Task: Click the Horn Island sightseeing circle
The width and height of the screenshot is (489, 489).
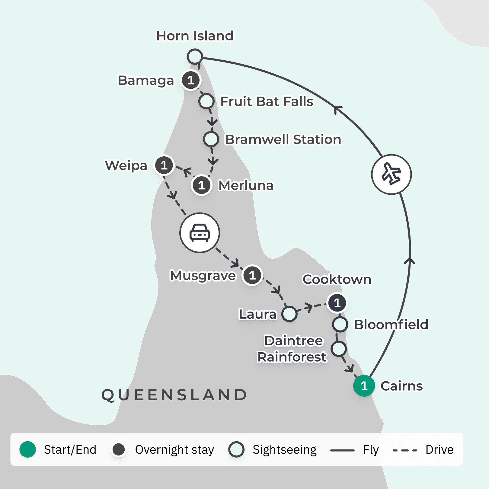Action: (195, 56)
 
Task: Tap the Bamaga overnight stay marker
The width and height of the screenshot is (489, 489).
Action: (190, 80)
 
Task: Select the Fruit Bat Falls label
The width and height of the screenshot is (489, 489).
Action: (267, 101)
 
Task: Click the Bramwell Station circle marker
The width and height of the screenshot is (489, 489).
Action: (211, 139)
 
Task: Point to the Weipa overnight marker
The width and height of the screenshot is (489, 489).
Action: (164, 165)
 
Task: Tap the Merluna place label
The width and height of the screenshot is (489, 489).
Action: (246, 185)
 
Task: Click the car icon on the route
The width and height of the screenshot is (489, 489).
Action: (200, 233)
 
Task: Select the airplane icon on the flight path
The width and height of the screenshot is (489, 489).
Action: (391, 174)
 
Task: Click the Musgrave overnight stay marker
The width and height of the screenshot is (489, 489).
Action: (252, 275)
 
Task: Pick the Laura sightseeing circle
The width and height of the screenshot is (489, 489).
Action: (289, 314)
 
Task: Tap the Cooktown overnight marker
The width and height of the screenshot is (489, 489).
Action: (337, 302)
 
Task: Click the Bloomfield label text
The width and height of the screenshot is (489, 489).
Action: (391, 324)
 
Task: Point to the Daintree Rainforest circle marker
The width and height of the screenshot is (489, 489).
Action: (339, 349)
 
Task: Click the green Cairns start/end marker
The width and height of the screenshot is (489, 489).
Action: (364, 385)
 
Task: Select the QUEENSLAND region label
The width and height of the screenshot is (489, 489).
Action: (174, 395)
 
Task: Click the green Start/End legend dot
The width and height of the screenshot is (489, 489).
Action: (28, 449)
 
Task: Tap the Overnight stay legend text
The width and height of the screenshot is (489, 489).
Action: (174, 450)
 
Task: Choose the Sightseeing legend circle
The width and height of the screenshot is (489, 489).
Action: (236, 449)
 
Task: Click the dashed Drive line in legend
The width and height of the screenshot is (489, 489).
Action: (405, 450)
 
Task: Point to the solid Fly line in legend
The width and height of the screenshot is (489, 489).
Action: (342, 450)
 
